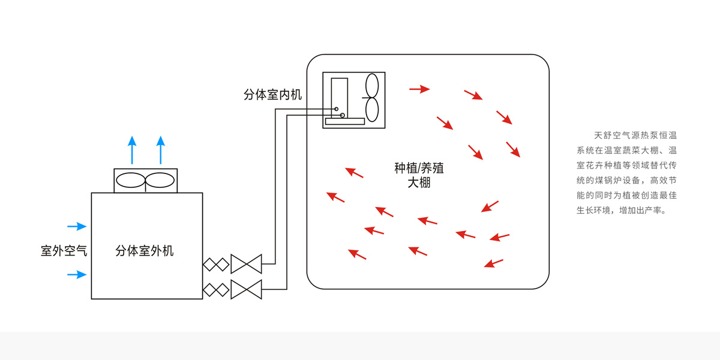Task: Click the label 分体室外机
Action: (145, 251)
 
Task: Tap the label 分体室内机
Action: (272, 95)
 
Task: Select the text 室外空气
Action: (64, 251)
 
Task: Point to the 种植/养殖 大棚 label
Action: (419, 175)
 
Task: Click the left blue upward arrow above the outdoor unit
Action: (132, 150)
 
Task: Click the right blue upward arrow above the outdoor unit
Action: (160, 150)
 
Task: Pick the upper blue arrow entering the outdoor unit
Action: (77, 226)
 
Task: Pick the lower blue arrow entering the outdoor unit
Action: (77, 275)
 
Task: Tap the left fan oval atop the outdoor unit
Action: (130, 181)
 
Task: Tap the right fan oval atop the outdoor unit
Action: (160, 181)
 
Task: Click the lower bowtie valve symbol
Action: (247, 289)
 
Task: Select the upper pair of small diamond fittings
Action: (215, 264)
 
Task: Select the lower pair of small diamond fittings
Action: (215, 289)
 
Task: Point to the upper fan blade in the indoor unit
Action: (371, 86)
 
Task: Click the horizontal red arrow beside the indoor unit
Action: (419, 89)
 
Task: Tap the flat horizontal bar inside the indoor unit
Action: (345, 121)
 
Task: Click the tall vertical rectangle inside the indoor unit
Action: (339, 96)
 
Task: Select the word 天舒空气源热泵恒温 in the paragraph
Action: (635, 136)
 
